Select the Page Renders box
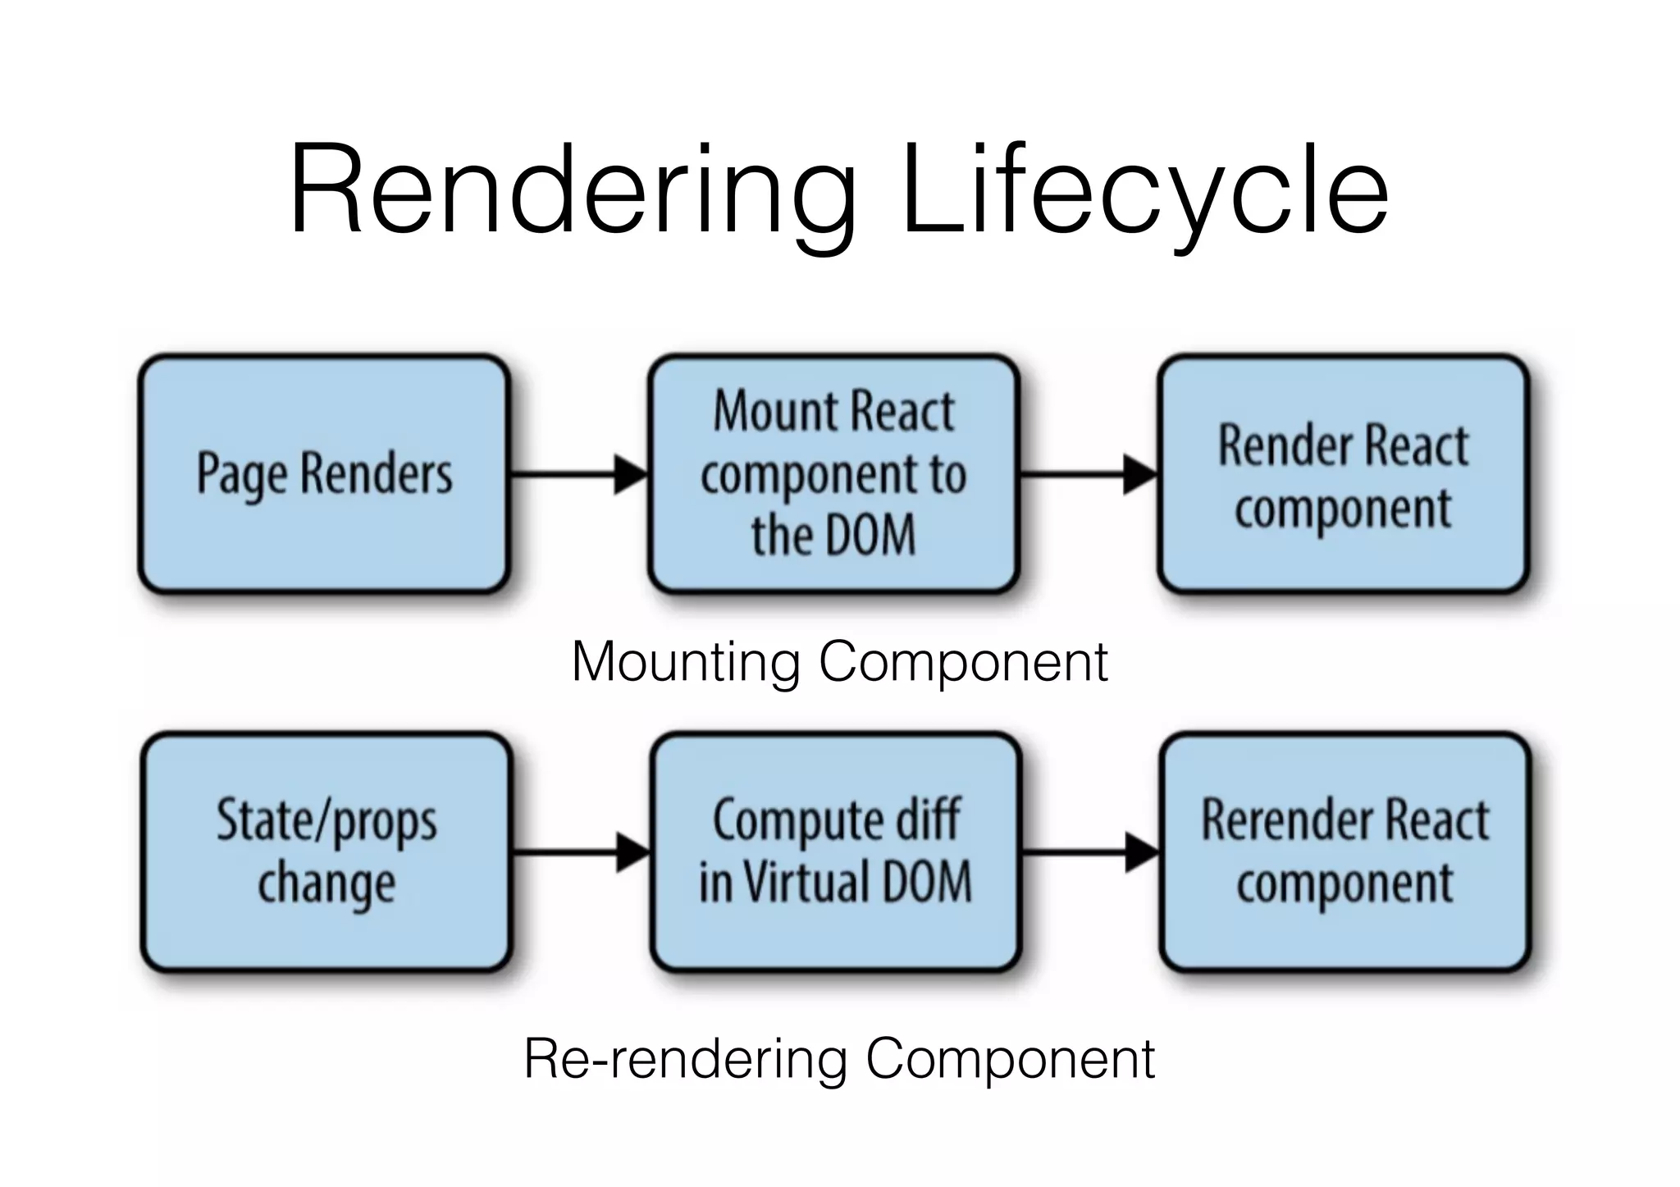[325, 474]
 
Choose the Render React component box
[1344, 474]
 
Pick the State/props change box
[326, 852]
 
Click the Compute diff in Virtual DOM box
[836, 852]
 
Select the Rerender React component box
[1345, 852]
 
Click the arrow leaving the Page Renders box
[579, 474]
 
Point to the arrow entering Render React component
[1089, 474]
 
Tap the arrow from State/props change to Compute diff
[582, 852]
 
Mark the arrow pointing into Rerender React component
[1091, 852]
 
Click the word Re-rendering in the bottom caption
[686, 1059]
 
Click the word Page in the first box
[242, 475]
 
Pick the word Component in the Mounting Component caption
[963, 663]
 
